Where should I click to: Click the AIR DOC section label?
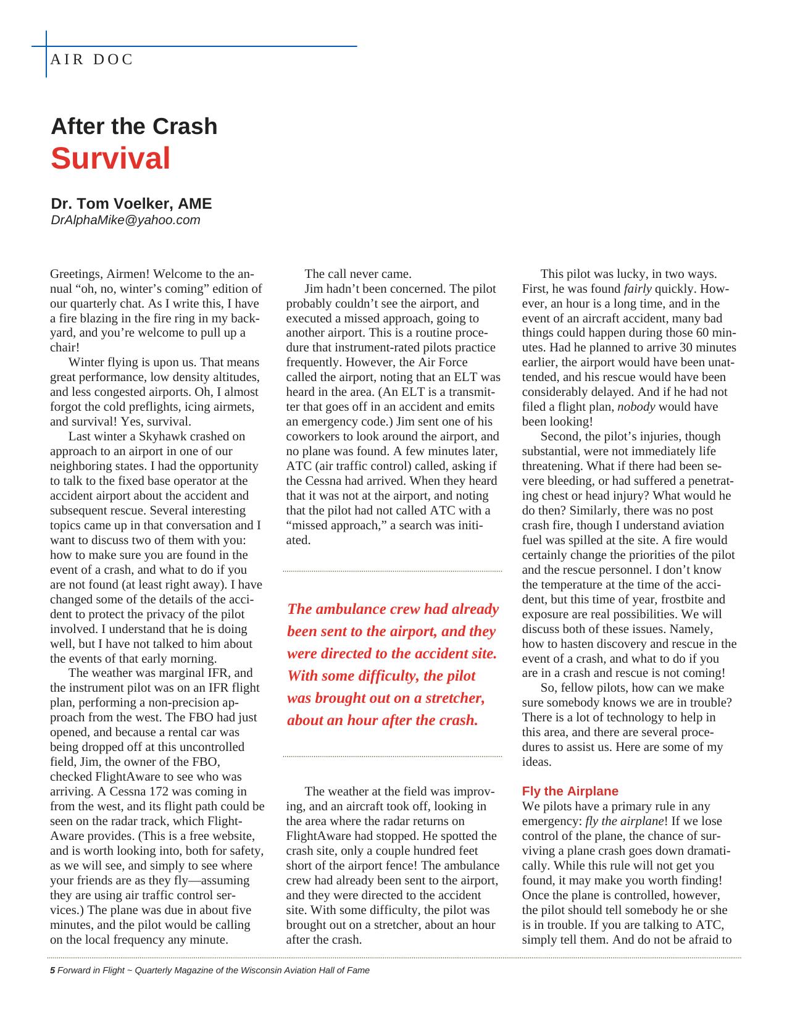coord(92,60)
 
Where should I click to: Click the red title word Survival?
coord(110,159)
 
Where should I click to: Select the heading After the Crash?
coord(134,127)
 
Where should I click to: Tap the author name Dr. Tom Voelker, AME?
coord(131,204)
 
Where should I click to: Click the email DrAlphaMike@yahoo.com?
coord(125,220)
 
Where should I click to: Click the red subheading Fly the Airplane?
coord(570,791)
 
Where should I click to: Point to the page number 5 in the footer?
coord(52,970)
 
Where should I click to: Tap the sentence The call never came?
coord(358,274)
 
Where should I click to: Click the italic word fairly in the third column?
coord(638,289)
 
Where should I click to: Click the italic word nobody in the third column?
coord(636,407)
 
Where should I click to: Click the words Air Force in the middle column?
coord(443,363)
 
